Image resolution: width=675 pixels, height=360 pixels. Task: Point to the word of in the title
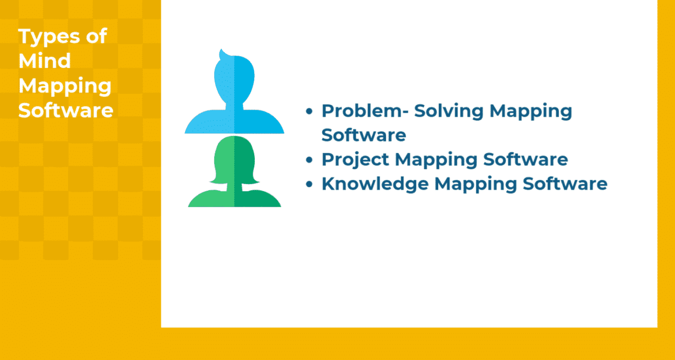coord(95,36)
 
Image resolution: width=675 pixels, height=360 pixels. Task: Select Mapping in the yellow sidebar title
coord(65,86)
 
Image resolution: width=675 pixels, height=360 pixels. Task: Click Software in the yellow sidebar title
coord(66,111)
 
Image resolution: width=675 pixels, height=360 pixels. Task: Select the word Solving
coord(448,111)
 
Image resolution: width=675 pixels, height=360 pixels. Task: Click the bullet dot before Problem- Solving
coord(310,111)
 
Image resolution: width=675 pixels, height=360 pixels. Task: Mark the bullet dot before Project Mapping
coord(310,160)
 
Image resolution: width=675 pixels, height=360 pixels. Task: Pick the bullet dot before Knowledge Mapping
coord(310,184)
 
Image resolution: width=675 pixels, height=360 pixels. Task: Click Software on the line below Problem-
coord(364,135)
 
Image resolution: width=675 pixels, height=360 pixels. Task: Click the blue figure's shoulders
coord(234,122)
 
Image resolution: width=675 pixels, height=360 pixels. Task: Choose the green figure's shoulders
coord(234,198)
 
